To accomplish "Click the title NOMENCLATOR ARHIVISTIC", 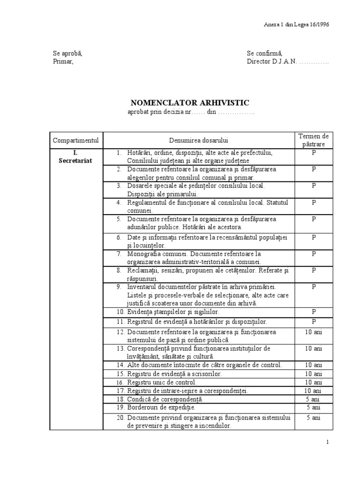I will click(x=190, y=103).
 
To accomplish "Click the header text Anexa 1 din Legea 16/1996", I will click(x=297, y=25).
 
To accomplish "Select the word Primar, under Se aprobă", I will click(x=63, y=61).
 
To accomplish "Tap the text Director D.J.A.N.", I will click(x=272, y=61).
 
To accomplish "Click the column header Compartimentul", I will click(x=76, y=140).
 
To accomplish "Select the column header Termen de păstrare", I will click(x=314, y=140).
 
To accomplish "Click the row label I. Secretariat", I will click(x=76, y=157).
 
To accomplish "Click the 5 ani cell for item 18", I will click(x=314, y=399).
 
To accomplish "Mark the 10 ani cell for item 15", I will click(x=314, y=374).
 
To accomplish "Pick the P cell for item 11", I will click(x=314, y=322).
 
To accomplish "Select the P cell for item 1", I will click(x=314, y=153).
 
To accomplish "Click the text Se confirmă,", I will click(x=264, y=53).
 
